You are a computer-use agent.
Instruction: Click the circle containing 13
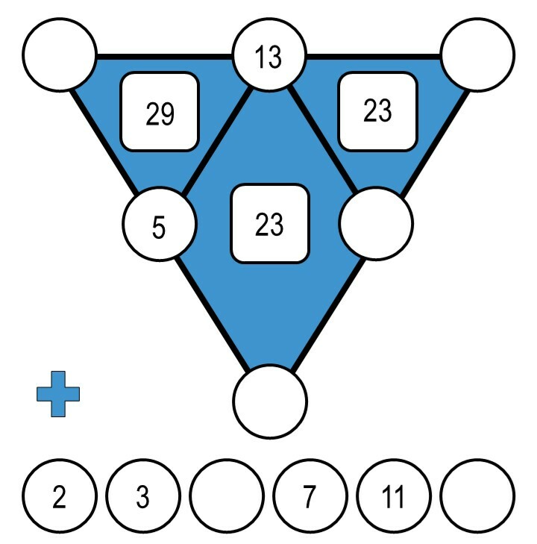268,57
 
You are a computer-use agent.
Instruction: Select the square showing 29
160,112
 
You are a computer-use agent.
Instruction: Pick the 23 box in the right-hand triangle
377,111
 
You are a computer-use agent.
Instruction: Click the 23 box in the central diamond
269,224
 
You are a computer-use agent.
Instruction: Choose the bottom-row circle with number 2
60,497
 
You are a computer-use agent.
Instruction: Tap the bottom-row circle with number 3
143,497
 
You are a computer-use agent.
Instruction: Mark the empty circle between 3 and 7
227,497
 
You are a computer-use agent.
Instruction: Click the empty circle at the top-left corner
60,54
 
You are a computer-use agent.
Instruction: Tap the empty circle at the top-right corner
478,54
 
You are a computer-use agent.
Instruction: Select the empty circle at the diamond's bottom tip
270,401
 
